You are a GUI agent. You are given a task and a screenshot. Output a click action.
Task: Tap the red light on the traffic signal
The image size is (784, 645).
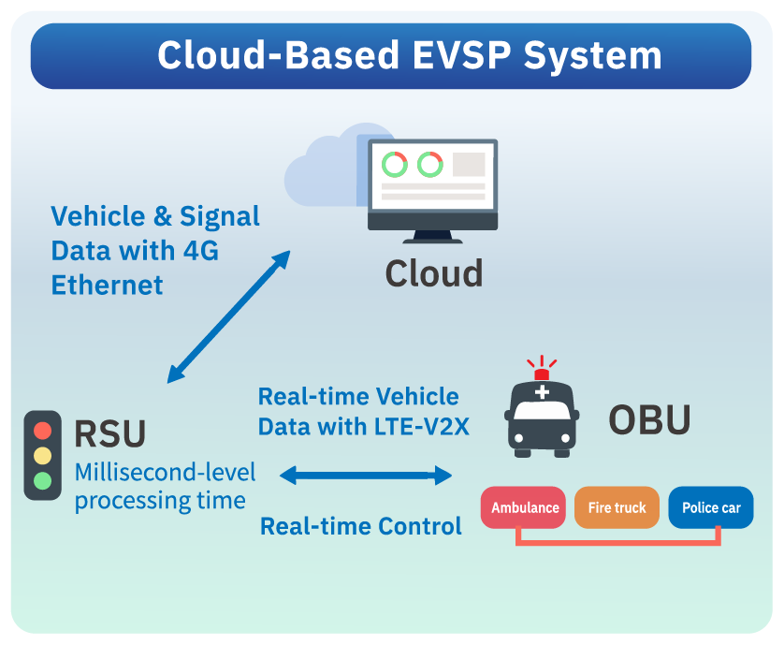click(42, 432)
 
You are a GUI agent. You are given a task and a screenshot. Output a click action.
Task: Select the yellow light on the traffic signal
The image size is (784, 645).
click(42, 457)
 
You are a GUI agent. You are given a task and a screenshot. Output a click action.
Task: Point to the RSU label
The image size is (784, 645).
click(110, 434)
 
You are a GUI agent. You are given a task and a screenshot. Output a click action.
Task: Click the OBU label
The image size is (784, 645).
click(649, 419)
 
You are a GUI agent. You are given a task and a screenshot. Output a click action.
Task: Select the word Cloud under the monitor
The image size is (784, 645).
click(434, 272)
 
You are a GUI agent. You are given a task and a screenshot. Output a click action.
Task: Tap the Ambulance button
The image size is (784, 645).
click(524, 508)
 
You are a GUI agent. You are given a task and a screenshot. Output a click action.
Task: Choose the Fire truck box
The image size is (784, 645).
click(617, 508)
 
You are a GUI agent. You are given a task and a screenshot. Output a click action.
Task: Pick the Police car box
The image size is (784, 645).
click(711, 508)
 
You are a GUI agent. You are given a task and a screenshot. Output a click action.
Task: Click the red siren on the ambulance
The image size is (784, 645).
click(542, 374)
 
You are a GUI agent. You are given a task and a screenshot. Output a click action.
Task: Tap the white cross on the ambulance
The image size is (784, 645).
click(542, 392)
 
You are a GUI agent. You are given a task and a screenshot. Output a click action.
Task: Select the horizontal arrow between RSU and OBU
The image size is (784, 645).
click(366, 476)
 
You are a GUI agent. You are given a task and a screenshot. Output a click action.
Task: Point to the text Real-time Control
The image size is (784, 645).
click(361, 526)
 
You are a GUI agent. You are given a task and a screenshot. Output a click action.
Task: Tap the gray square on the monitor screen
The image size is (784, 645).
click(469, 165)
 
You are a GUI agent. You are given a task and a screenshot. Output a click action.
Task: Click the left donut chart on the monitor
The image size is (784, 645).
click(395, 165)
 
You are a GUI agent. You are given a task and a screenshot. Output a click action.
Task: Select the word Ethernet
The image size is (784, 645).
click(107, 284)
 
